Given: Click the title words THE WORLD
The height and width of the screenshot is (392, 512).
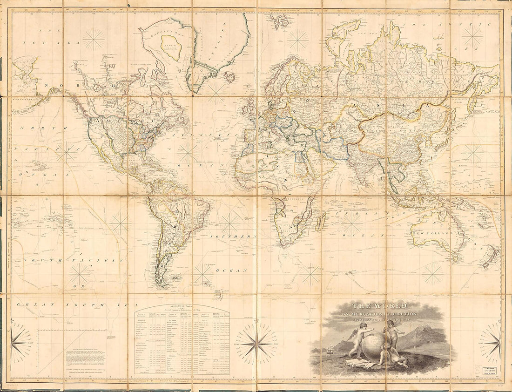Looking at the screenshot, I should (x=379, y=306).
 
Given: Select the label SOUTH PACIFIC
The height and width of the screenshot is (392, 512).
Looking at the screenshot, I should (x=74, y=260).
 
